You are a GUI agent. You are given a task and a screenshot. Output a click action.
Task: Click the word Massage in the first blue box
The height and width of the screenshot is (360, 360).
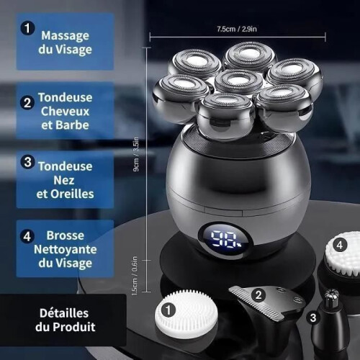65,36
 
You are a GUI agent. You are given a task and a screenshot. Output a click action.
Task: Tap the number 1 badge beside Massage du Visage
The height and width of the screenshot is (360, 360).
27,28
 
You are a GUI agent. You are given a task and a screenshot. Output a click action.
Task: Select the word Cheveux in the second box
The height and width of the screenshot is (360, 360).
65,111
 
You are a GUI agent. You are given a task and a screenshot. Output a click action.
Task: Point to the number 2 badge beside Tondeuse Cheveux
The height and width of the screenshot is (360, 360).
27,102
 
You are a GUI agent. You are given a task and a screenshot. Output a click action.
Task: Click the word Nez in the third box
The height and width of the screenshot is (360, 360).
64,180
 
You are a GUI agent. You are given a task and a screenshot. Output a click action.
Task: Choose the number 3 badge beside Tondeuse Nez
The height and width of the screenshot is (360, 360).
27,162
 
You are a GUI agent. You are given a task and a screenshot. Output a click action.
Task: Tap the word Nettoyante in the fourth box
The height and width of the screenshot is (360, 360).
66,249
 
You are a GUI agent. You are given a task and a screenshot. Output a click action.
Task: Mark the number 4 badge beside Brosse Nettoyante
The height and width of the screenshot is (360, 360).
27,236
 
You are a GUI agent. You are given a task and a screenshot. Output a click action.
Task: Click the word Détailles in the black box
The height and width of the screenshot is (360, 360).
64,313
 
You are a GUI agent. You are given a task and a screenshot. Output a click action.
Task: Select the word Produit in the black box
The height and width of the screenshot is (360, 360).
74,327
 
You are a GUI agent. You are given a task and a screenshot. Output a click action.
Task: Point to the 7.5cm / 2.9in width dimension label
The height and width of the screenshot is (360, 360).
237,29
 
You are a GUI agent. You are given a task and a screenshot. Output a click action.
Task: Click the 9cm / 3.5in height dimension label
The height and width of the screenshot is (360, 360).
136,154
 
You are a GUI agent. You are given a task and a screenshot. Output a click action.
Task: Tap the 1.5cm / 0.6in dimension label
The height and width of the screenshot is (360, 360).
135,276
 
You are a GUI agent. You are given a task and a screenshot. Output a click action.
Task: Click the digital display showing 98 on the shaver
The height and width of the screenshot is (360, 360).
226,239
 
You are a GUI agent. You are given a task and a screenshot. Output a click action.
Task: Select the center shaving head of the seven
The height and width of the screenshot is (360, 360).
238,81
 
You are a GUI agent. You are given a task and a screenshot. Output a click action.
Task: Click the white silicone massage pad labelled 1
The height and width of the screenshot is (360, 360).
186,314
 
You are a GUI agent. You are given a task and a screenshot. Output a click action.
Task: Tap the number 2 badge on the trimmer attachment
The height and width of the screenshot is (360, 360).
258,295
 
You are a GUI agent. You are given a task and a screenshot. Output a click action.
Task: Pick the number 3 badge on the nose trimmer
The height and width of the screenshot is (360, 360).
313,318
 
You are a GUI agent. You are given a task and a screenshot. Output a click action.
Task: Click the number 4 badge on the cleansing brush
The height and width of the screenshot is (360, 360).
340,246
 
